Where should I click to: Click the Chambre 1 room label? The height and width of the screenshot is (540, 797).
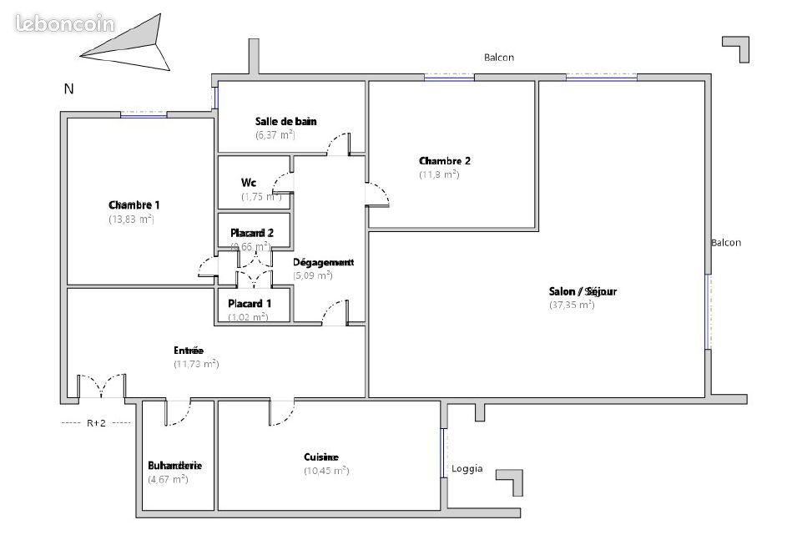pyautogui.click(x=134, y=204)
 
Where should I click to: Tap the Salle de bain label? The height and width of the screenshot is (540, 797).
pyautogui.click(x=285, y=121)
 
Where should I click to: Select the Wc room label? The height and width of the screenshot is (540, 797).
pyautogui.click(x=248, y=182)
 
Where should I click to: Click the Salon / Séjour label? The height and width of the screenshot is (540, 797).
pyautogui.click(x=582, y=291)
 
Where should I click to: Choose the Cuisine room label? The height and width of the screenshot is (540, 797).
pyautogui.click(x=321, y=457)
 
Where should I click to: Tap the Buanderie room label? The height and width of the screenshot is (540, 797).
pyautogui.click(x=175, y=465)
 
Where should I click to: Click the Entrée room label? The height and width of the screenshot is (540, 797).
pyautogui.click(x=189, y=351)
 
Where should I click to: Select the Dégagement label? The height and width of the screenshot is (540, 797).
pyautogui.click(x=324, y=261)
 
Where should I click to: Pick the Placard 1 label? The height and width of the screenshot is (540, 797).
pyautogui.click(x=250, y=303)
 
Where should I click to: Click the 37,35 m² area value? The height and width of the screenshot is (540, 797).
pyautogui.click(x=572, y=305)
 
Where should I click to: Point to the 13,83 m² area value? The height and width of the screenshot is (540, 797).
pyautogui.click(x=131, y=219)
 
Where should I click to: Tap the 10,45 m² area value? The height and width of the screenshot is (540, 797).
pyautogui.click(x=326, y=471)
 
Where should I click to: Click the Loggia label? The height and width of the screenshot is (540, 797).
pyautogui.click(x=467, y=468)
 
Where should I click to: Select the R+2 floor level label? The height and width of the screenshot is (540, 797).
pyautogui.click(x=96, y=423)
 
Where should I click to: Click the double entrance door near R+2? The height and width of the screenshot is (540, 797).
pyautogui.click(x=102, y=387)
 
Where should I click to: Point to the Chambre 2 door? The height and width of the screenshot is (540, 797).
pyautogui.click(x=377, y=194)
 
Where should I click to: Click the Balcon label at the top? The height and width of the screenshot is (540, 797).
pyautogui.click(x=499, y=58)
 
